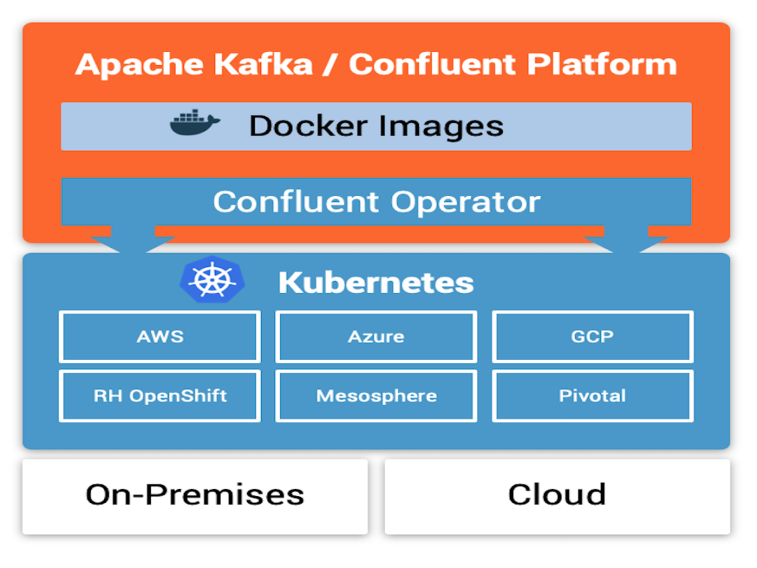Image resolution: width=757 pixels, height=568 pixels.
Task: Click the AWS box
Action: click(x=160, y=337)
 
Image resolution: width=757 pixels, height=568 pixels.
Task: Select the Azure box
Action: click(x=376, y=337)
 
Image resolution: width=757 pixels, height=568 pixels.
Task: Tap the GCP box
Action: click(x=593, y=337)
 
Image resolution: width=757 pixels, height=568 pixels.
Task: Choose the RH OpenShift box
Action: click(x=160, y=396)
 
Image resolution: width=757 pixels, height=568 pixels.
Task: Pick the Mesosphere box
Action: click(x=376, y=396)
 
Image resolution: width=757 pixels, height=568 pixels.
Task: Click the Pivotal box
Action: click(x=593, y=396)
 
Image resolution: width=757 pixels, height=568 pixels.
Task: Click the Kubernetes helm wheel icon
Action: click(x=212, y=280)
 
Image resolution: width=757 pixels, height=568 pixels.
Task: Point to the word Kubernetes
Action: click(x=376, y=283)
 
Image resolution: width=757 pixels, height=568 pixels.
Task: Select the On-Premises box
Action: click(x=195, y=496)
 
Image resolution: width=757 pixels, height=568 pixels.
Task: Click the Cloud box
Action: click(x=557, y=496)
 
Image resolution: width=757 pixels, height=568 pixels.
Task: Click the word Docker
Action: click(x=308, y=126)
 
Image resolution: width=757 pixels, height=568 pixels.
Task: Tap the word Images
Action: click(x=441, y=127)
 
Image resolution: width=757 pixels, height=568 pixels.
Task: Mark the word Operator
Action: click(x=466, y=203)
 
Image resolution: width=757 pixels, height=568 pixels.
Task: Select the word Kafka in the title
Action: click(x=264, y=64)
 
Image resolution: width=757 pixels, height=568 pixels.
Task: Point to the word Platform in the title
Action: click(x=602, y=64)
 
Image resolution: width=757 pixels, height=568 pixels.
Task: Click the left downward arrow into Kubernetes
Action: click(x=133, y=238)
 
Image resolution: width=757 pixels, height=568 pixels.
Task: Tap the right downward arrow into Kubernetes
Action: click(x=626, y=238)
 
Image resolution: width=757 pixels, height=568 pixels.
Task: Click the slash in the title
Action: click(x=330, y=64)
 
